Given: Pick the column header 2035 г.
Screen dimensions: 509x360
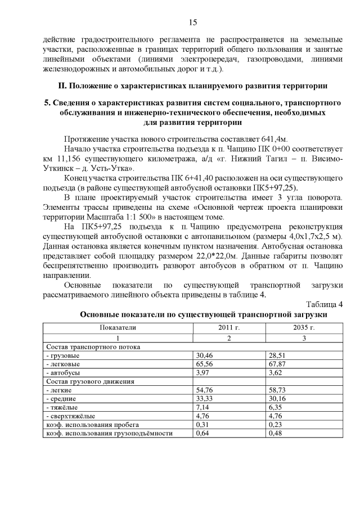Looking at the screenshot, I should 304,327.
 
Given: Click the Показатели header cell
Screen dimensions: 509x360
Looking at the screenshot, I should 118,327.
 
